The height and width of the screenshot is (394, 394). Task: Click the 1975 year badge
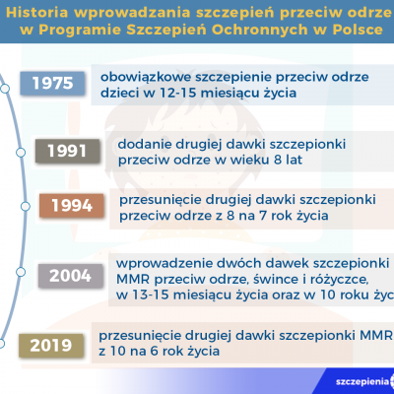[52, 84]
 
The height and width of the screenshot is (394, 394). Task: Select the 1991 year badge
[67, 151]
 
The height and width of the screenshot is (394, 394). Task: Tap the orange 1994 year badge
[72, 206]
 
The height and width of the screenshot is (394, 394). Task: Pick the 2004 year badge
[70, 276]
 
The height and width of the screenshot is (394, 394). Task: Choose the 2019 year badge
[51, 346]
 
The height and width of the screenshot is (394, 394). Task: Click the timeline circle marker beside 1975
[5, 89]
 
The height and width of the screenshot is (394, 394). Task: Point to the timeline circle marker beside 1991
[21, 153]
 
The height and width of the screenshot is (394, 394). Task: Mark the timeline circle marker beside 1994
[26, 207]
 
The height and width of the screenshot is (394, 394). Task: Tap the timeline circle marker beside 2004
[21, 272]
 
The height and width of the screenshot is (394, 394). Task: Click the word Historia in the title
[37, 13]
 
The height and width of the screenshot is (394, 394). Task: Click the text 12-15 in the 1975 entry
[177, 94]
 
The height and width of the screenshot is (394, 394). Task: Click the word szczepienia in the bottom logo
[362, 381]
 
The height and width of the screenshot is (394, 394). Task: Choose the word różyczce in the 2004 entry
[336, 280]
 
